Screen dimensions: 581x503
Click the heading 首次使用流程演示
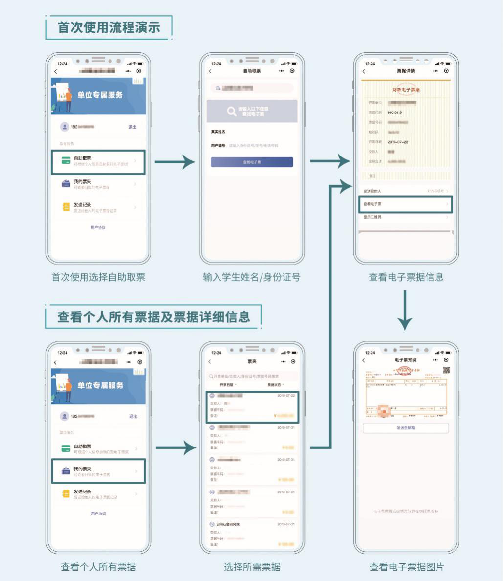coord(109,27)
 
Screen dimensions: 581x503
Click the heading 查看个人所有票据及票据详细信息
coord(153,316)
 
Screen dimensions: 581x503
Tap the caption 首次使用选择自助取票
coord(98,277)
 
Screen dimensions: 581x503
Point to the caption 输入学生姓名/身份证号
coord(251,277)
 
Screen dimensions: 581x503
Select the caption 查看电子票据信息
coord(406,277)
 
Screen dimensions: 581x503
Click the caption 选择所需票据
coord(252,567)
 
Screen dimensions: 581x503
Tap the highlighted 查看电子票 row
coord(406,204)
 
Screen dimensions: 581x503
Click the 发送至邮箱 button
coord(406,428)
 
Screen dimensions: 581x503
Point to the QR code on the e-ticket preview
coord(446,370)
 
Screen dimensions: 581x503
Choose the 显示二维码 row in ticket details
coord(406,217)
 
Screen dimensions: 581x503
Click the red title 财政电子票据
coord(406,89)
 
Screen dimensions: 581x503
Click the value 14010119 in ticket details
coord(394,112)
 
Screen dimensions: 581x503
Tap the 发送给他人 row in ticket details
coord(406,191)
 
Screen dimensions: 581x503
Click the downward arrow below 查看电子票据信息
coord(405,311)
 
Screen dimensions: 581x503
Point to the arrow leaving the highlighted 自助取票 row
coord(175,162)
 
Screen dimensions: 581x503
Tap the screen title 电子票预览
coord(405,360)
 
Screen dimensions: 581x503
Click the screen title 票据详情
coord(406,71)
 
